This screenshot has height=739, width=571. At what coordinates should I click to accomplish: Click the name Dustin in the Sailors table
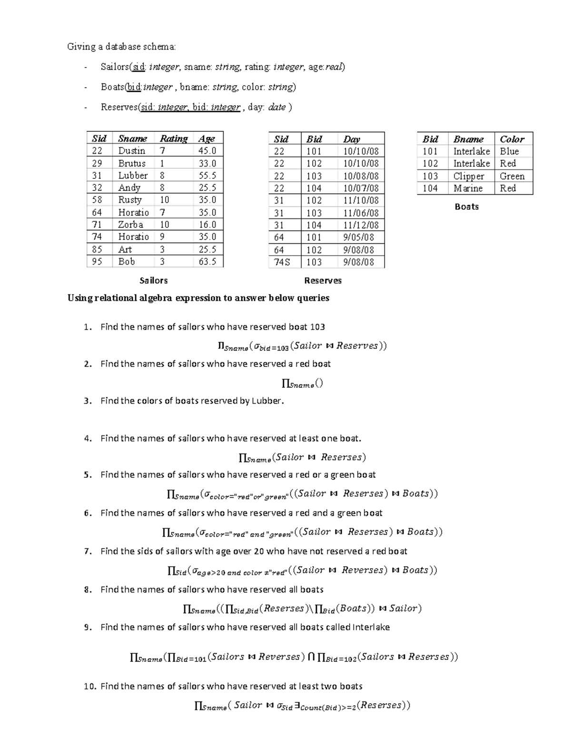tap(131, 151)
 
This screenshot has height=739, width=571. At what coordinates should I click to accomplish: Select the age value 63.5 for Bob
tap(207, 262)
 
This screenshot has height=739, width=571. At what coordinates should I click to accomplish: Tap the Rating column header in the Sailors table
tap(173, 138)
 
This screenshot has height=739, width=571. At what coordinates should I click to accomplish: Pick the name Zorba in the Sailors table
tap(130, 225)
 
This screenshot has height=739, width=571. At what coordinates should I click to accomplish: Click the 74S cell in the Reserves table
tap(281, 262)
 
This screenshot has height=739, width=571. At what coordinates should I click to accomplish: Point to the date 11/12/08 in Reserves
tap(361, 225)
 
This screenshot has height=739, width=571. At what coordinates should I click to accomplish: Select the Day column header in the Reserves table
tap(352, 139)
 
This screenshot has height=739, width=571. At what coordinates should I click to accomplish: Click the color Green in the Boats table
tap(512, 176)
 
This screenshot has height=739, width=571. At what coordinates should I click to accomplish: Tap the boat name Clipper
tap(469, 176)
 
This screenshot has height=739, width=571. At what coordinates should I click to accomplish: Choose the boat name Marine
tap(468, 188)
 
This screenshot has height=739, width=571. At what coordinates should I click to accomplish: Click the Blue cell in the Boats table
tap(509, 151)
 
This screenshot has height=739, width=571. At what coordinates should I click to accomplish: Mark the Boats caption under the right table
tap(467, 207)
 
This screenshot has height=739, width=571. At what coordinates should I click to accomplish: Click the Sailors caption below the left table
tap(153, 281)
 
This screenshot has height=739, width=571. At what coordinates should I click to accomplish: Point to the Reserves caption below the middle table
tap(323, 281)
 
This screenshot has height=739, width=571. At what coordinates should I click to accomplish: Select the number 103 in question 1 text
tap(317, 327)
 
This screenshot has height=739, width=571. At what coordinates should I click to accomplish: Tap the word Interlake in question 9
tap(371, 627)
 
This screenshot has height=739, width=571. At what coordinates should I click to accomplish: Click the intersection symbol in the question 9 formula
tap(311, 657)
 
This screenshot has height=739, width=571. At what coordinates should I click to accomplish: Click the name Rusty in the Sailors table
tap(130, 200)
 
